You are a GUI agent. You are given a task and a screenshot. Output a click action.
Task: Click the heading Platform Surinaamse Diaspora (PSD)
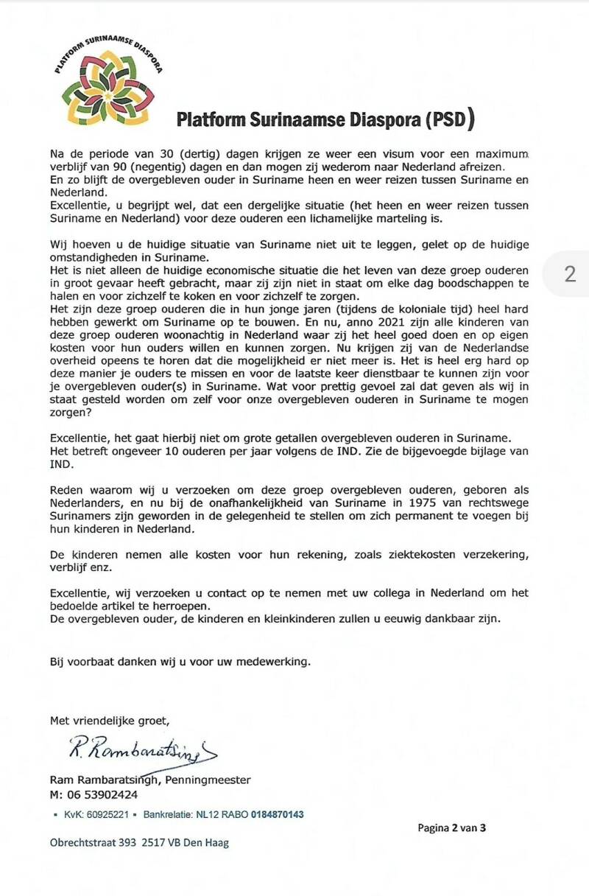tap(325, 119)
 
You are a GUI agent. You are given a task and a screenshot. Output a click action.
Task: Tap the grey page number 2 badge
tap(569, 274)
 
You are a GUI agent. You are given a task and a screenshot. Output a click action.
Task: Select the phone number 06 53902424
tap(103, 795)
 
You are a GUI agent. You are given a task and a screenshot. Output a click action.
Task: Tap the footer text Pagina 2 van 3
tap(451, 827)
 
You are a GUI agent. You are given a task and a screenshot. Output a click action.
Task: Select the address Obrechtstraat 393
tap(93, 843)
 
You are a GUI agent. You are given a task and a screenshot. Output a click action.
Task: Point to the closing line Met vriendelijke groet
tap(109, 720)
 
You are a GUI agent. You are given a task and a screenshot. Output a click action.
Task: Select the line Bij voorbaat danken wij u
tap(180, 662)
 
